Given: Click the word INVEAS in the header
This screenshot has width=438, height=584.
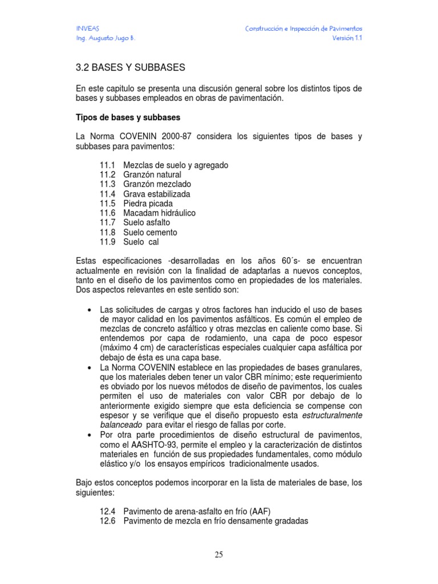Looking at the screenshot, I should click(x=87, y=29).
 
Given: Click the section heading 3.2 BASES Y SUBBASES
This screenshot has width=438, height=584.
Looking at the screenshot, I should click(x=131, y=67).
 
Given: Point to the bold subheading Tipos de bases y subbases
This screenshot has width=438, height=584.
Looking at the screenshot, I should click(x=128, y=118).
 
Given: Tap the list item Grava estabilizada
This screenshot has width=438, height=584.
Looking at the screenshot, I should click(x=157, y=194).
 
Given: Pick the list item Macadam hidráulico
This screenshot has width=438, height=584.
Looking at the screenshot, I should click(x=159, y=213).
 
